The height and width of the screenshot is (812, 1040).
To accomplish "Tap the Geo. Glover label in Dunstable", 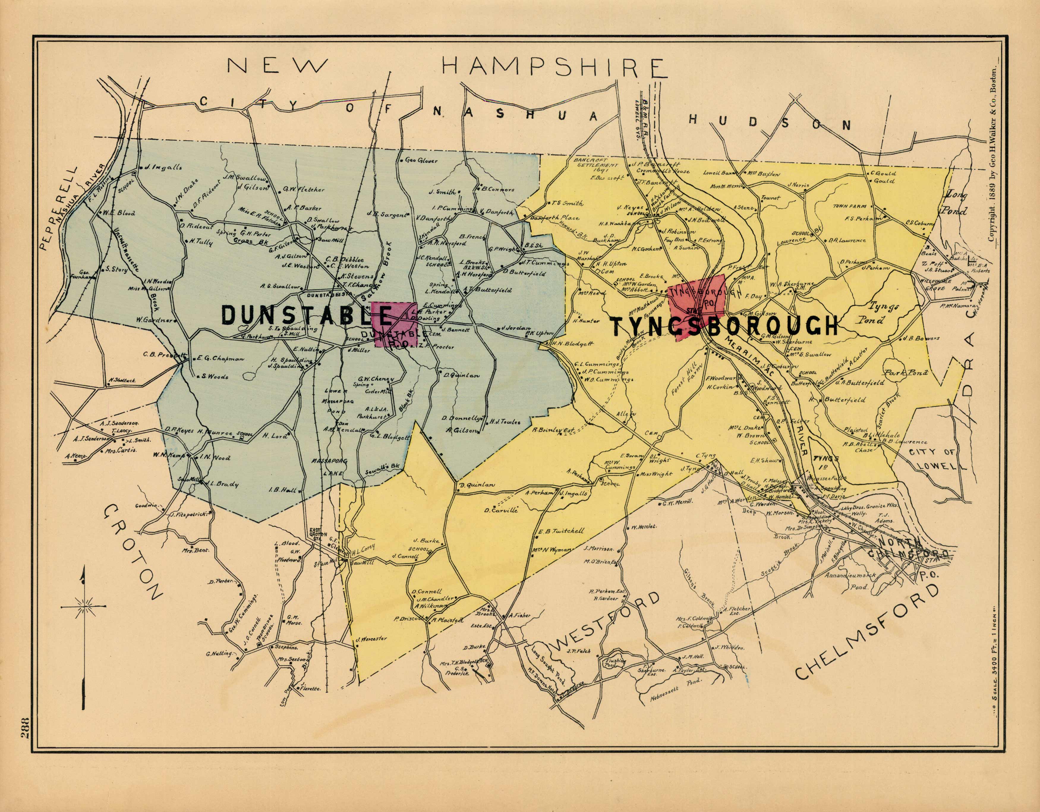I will pyautogui.click(x=421, y=160).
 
